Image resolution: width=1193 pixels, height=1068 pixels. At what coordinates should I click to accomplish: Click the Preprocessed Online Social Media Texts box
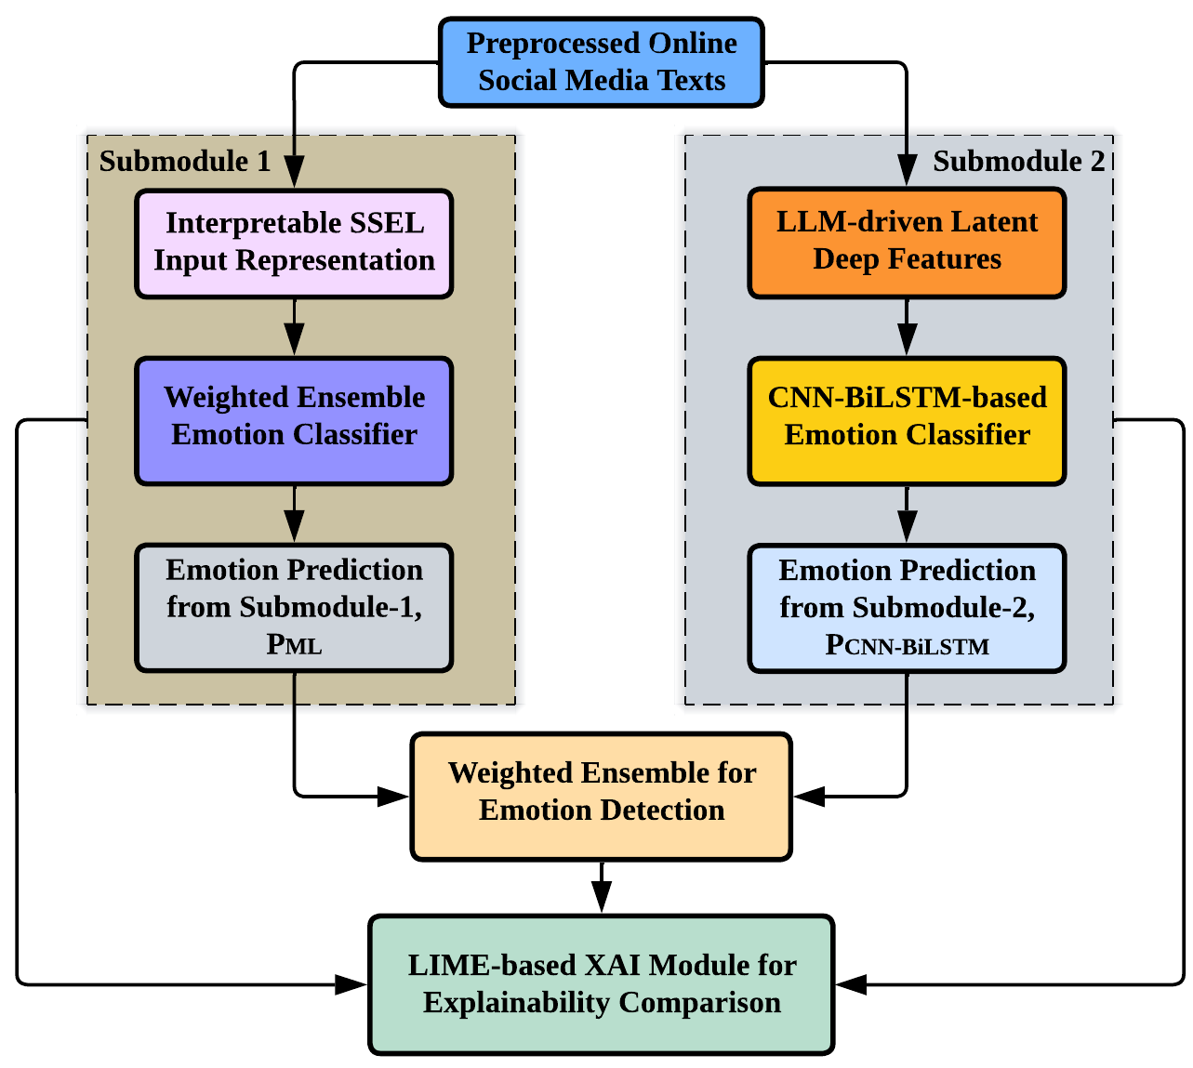click(x=601, y=61)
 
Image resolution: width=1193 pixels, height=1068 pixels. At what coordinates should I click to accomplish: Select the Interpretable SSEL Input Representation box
click(x=294, y=243)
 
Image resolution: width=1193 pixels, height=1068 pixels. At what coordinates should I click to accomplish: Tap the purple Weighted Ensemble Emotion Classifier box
click(x=294, y=420)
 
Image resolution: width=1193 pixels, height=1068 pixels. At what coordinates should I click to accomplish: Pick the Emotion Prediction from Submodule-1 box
click(x=294, y=607)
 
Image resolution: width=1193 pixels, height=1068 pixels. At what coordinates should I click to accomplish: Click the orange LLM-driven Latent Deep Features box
click(x=907, y=242)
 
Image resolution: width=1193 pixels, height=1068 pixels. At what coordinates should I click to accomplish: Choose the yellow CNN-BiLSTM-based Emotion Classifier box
click(x=907, y=420)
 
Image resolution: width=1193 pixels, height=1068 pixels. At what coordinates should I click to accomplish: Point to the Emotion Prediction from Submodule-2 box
click(x=907, y=607)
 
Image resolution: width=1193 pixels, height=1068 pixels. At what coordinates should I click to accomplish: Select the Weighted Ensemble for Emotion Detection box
click(x=601, y=796)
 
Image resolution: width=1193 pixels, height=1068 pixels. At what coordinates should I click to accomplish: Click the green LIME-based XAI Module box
click(x=601, y=984)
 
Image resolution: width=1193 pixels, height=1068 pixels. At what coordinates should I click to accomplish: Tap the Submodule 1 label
click(x=185, y=162)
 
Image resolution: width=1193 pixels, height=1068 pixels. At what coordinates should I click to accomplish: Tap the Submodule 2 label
click(x=1018, y=162)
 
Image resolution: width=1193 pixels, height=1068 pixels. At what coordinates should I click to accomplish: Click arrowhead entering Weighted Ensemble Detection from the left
click(x=393, y=796)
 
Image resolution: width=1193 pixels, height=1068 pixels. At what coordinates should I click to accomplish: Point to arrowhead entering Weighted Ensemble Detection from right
click(x=809, y=796)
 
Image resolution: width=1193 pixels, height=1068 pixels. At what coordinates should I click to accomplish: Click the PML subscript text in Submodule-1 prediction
click(x=294, y=644)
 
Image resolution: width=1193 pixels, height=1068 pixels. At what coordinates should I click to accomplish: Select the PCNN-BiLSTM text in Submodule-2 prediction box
click(x=907, y=645)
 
